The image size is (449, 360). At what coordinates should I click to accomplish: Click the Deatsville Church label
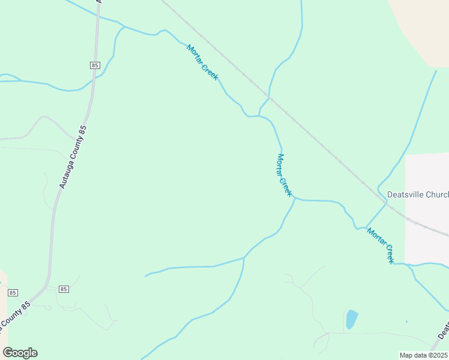pos(418,194)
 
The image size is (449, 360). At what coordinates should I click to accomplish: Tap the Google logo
pos(20,353)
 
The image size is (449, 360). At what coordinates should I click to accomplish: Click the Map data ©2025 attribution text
pos(423,355)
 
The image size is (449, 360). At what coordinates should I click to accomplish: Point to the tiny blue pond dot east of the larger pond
pos(406,322)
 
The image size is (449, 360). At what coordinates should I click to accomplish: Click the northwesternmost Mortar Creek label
pos(202,62)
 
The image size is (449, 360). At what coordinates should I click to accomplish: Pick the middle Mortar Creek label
pos(284,175)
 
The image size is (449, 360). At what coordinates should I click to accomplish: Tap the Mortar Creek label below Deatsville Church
pos(381,245)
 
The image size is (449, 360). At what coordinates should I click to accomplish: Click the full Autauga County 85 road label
pos(73,157)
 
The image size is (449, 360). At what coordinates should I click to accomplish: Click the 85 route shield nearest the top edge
pos(95,64)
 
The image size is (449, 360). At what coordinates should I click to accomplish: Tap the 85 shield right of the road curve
pos(64,289)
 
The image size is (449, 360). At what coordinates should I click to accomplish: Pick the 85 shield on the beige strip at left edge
pos(13,293)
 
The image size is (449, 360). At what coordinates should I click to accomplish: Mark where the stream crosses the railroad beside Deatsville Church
pos(386,203)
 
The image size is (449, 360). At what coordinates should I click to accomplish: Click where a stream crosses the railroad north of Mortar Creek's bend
pos(268,96)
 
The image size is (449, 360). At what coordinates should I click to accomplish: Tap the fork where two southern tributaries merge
pos(244,258)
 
